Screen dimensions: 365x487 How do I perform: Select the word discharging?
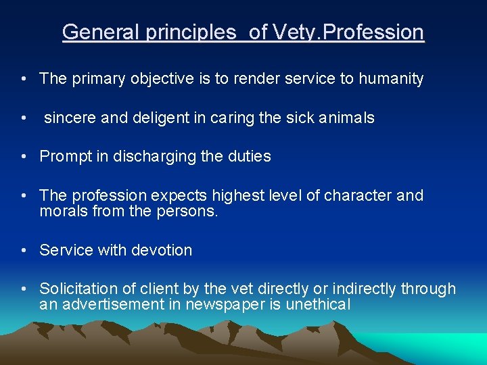(x=146, y=157)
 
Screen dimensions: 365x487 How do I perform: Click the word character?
(x=357, y=196)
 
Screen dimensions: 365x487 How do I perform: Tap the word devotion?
(x=162, y=250)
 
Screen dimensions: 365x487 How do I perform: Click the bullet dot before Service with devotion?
(x=24, y=250)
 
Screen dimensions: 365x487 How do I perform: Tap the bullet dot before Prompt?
(x=24, y=157)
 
